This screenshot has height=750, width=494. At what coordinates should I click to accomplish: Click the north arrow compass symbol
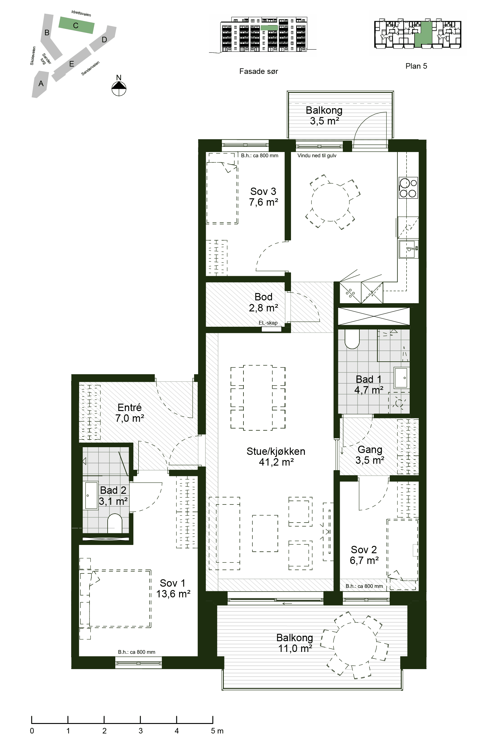[119, 88]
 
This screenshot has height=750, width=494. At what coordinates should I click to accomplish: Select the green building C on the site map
[77, 25]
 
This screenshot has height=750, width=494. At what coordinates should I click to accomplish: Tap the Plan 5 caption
[416, 66]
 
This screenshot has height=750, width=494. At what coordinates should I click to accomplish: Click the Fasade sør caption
[258, 71]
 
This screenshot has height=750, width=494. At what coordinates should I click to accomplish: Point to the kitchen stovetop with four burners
[408, 188]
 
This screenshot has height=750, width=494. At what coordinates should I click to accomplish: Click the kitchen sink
[408, 249]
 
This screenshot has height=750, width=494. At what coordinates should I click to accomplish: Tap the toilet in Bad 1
[352, 339]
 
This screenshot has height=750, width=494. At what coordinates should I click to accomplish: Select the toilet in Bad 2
[115, 523]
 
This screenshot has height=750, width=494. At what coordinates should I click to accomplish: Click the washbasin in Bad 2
[91, 495]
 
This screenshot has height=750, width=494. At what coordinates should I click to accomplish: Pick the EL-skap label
[268, 323]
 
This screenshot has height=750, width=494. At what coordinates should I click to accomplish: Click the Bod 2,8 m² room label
[263, 302]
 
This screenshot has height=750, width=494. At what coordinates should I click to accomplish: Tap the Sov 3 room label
[263, 192]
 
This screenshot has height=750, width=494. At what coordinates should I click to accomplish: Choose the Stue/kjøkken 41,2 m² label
[276, 457]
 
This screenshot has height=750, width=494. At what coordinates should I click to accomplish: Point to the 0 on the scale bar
[32, 731]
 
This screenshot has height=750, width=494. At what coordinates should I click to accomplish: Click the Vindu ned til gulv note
[317, 156]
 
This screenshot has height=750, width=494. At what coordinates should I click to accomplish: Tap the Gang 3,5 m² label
[370, 455]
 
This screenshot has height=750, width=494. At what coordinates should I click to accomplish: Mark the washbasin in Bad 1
[401, 378]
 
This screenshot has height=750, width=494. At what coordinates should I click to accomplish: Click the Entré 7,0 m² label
[130, 413]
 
